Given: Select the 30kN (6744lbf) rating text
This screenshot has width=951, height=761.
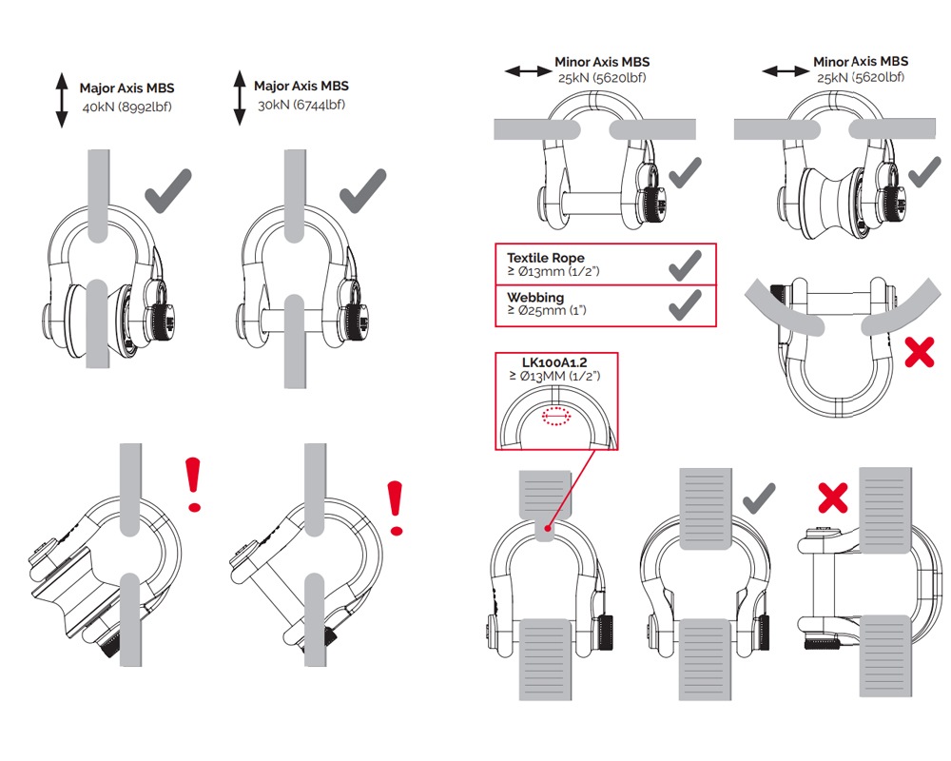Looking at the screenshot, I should point(301,104).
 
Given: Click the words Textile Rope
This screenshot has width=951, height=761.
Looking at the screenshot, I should point(545,258).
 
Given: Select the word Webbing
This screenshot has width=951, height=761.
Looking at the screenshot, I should point(535,298).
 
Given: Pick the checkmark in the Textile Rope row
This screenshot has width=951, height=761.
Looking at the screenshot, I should point(685,264).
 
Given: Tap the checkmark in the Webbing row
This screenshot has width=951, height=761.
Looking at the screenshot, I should point(685,304).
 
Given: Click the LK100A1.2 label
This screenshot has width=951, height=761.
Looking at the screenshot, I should point(556,362).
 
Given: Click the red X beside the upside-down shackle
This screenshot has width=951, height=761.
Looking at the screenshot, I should point(919,353).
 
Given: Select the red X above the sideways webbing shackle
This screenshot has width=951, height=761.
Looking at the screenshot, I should point(834,496).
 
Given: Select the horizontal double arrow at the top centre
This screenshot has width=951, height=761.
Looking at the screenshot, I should point(526,71).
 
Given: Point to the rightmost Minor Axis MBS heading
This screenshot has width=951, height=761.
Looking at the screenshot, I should point(860,62).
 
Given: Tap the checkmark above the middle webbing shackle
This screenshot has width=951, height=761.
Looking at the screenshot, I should point(758,497).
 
